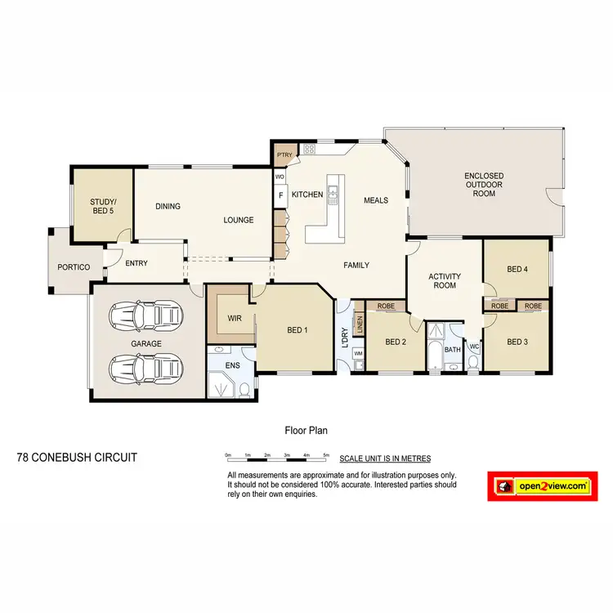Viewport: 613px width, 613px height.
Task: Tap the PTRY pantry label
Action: [284, 154]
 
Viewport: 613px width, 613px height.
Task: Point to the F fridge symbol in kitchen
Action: [280, 195]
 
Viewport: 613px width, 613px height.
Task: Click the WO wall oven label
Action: [280, 177]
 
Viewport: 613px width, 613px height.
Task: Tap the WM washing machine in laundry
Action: [358, 353]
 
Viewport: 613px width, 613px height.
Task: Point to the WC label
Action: [473, 347]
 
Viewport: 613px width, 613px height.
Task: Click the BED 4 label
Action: [517, 269]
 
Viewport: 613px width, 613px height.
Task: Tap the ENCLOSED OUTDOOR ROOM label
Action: [483, 185]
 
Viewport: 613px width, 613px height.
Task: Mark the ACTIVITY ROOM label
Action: [445, 281]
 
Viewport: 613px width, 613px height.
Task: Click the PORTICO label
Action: [74, 267]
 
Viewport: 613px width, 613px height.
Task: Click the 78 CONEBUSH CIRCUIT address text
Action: [77, 458]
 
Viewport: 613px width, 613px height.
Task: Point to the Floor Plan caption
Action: [306, 429]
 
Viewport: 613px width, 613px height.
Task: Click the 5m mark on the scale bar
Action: [326, 454]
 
